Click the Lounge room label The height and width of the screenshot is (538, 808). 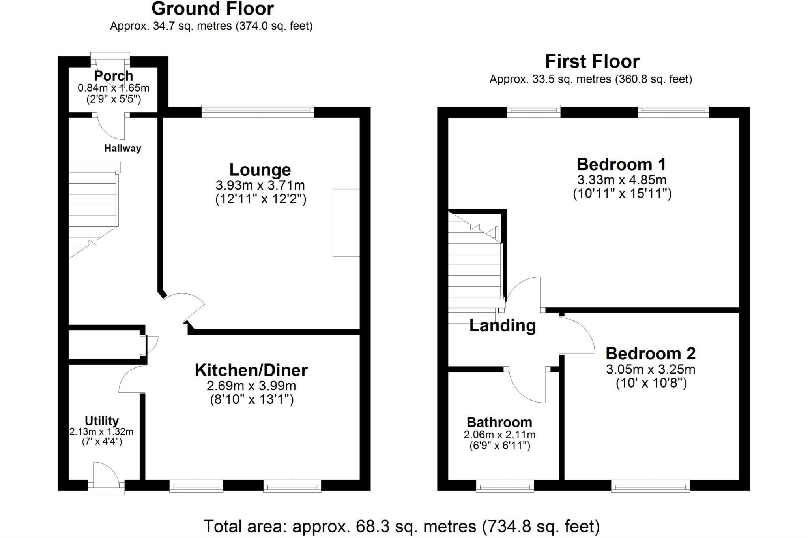click(260, 170)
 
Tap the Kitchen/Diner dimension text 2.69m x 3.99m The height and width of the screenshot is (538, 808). click(251, 386)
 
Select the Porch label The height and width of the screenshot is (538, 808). click(113, 75)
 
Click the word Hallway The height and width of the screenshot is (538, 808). click(122, 148)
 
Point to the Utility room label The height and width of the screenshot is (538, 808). click(101, 421)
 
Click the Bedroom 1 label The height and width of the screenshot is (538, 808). click(621, 164)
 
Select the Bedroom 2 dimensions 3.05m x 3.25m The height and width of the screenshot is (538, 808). click(651, 370)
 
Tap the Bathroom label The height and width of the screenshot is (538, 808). click(499, 422)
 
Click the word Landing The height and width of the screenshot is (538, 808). click(502, 325)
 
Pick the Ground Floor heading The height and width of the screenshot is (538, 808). click(212, 9)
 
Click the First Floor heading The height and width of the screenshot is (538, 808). click(592, 62)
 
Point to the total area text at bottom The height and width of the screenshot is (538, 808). click(401, 527)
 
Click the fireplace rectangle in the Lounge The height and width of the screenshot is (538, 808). click(346, 222)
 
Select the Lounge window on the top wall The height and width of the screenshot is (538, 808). click(258, 111)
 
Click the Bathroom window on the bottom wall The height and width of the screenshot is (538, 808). click(505, 485)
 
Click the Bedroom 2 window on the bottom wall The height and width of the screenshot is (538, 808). click(650, 485)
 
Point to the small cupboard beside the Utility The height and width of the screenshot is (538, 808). click(105, 342)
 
